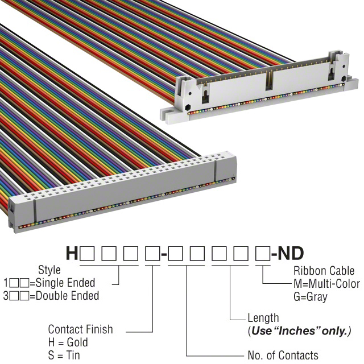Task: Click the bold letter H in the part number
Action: pos(72,253)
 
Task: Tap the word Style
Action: pos(49,270)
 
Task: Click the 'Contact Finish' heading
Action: pos(80,329)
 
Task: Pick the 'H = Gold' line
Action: pos(68,342)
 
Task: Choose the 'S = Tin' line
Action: pos(64,355)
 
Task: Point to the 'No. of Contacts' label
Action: pos(283,355)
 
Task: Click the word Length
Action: pos(263,318)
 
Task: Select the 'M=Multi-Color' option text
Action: pos(326,284)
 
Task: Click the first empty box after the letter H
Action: pos(86,254)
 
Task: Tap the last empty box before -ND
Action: pos(261,254)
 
